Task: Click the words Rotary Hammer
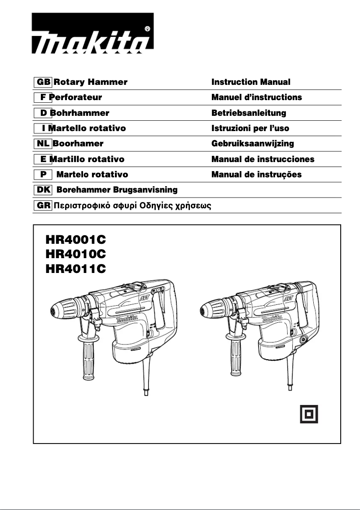(90, 82)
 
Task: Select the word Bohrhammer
(80, 113)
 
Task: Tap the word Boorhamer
(78, 144)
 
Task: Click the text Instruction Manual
(251, 82)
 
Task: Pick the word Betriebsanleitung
(249, 113)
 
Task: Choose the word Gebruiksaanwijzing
(253, 144)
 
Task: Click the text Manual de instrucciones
(263, 159)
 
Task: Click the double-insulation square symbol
(309, 413)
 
